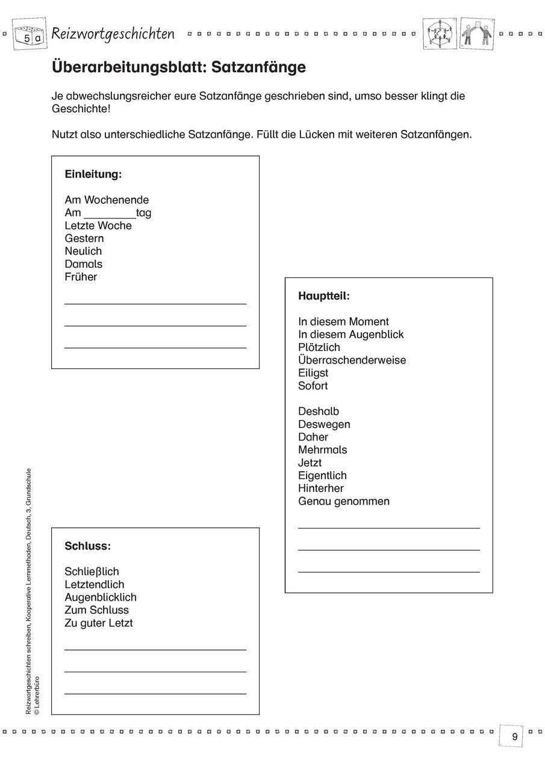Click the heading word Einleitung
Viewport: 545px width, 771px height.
[93, 175]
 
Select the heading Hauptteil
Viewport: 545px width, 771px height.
[323, 296]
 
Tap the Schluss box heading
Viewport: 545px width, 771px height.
[87, 547]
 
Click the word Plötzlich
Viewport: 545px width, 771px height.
[319, 347]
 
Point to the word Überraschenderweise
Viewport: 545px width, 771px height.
[352, 360]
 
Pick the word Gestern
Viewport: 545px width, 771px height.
[84, 238]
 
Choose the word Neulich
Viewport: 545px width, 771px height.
[83, 251]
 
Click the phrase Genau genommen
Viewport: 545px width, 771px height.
[343, 501]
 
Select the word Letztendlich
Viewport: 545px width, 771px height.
[94, 584]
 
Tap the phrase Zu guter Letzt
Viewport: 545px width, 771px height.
[98, 623]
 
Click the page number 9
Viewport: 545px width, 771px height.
[514, 737]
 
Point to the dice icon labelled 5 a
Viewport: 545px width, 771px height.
[30, 36]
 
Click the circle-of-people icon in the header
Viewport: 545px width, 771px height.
[440, 34]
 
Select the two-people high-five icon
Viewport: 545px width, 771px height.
[476, 34]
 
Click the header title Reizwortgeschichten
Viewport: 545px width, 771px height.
[113, 34]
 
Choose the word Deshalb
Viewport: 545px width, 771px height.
[318, 412]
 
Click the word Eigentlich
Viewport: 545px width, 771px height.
[322, 475]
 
